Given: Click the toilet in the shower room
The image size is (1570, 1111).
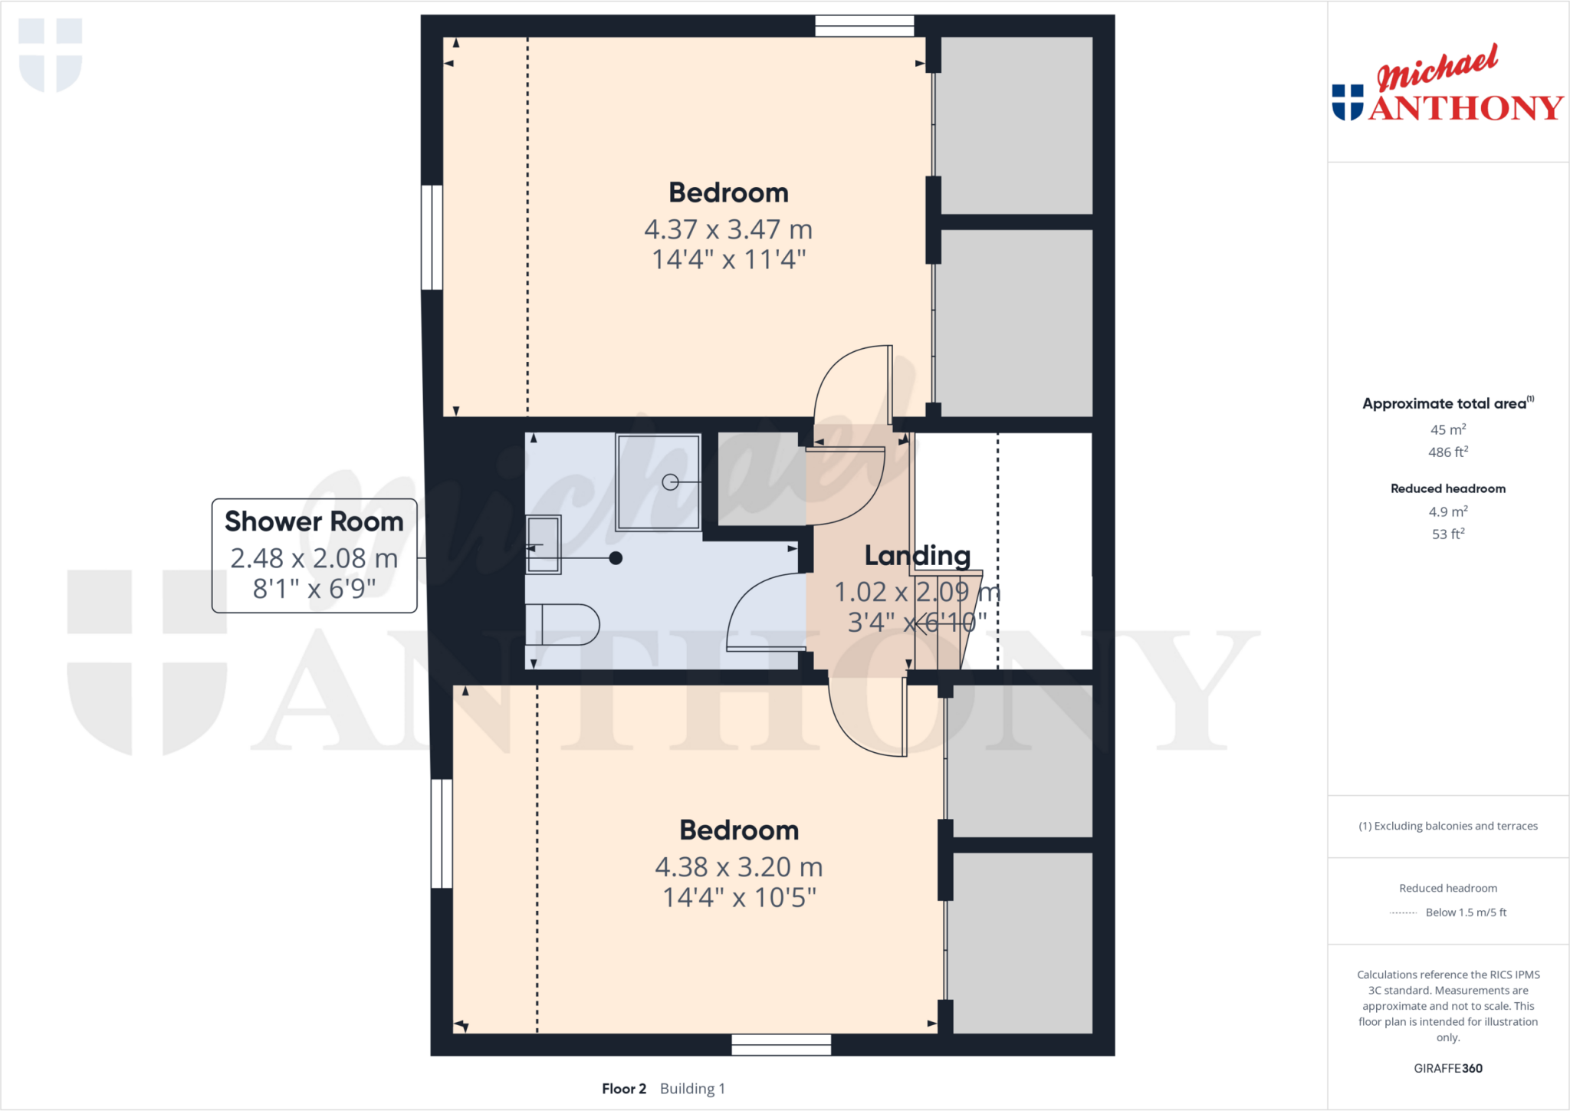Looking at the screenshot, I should click(563, 625).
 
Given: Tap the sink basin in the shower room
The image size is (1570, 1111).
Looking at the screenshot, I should click(544, 545).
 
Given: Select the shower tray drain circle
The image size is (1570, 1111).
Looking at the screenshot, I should click(670, 482).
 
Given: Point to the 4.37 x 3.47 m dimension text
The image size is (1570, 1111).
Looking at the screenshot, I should click(728, 229).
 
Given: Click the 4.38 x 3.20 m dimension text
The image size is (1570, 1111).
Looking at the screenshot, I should click(738, 867).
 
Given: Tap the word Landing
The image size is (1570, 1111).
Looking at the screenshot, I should click(917, 555).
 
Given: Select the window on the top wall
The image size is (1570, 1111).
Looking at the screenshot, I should click(864, 26).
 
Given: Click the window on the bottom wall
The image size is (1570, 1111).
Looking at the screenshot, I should click(780, 1044).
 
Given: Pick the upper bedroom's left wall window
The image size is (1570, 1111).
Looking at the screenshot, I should click(432, 237).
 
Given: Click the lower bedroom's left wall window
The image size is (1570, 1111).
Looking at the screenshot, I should click(442, 833).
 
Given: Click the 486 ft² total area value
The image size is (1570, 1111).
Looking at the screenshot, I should click(1447, 452).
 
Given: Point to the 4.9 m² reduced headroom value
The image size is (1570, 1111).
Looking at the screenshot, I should click(1447, 511).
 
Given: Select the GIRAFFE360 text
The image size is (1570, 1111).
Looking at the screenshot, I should click(1447, 1068).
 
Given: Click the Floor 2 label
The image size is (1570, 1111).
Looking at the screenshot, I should click(624, 1089).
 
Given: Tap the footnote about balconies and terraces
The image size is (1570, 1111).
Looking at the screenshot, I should click(1447, 826).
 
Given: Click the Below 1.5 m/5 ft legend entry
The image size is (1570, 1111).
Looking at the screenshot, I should click(1465, 912).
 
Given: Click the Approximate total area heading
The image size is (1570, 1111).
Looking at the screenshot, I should click(1445, 403).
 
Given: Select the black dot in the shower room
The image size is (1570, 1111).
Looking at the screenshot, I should click(616, 558).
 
